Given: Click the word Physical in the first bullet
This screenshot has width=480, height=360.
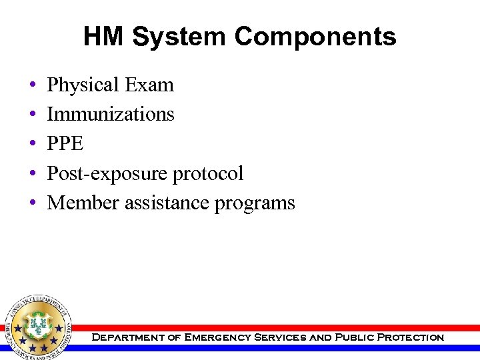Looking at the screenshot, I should click(81, 85).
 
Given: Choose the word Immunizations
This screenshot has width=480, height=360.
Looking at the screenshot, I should click(111, 115).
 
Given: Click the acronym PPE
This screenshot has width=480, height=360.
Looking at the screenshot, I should click(65, 144).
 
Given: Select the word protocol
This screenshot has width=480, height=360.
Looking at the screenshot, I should click(208, 173).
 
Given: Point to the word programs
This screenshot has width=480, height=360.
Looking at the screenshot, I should click(255, 203).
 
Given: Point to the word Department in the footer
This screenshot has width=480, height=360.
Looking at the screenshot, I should click(127, 337).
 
